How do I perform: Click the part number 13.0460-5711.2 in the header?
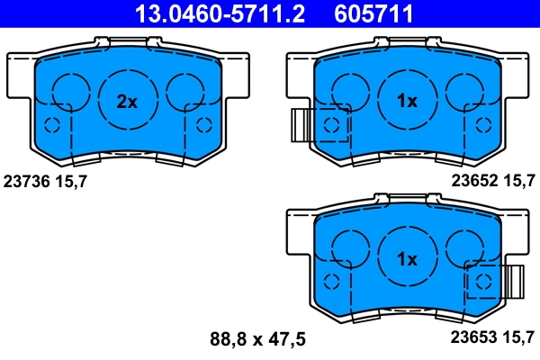click(x=208, y=13)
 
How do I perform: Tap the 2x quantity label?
click(x=127, y=102)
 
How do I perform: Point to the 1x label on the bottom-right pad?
click(x=407, y=259)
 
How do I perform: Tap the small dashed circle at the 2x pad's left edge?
click(x=51, y=124)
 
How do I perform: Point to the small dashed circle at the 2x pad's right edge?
click(x=204, y=124)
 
